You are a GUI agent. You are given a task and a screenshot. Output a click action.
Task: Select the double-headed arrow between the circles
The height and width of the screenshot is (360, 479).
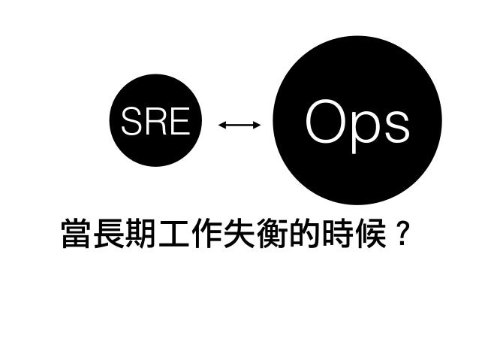[x=239, y=125]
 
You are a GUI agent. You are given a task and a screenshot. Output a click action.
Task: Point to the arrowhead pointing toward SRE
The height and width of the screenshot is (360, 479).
[x=221, y=125]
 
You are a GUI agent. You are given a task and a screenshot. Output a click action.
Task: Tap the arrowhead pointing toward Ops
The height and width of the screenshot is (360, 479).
[x=257, y=125]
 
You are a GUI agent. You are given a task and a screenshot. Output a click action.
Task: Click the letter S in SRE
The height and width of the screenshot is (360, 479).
[x=131, y=123]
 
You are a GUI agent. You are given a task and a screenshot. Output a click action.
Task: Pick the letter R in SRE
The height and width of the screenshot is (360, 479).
[x=154, y=123]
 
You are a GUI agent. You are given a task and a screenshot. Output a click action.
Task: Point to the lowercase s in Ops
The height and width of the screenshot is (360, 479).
[x=397, y=126]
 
